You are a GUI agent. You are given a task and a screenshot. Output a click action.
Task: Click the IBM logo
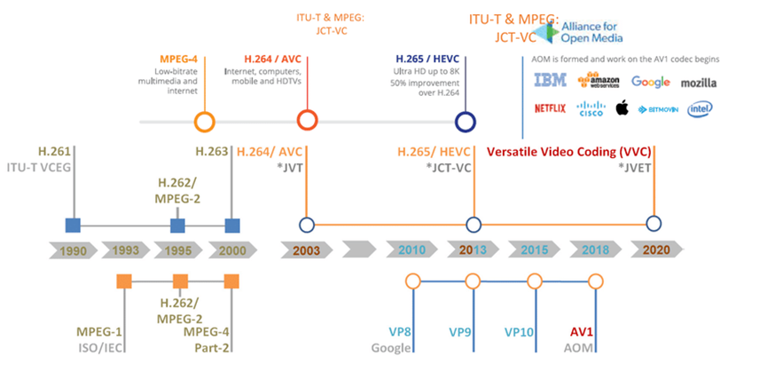click(551, 82)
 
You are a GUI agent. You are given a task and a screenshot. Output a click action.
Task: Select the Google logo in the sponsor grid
click(650, 82)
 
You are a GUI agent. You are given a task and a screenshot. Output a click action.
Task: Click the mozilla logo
click(698, 83)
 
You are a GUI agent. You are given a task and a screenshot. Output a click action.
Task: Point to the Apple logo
click(622, 108)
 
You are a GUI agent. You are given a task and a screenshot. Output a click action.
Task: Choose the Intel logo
click(700, 108)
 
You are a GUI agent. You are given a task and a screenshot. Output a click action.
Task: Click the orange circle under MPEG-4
click(204, 122)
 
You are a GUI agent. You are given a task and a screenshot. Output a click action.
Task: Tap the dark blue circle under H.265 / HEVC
click(463, 122)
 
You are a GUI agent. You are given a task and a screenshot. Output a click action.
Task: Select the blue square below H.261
click(74, 224)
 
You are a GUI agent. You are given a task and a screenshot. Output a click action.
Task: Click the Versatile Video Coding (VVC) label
click(578, 151)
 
